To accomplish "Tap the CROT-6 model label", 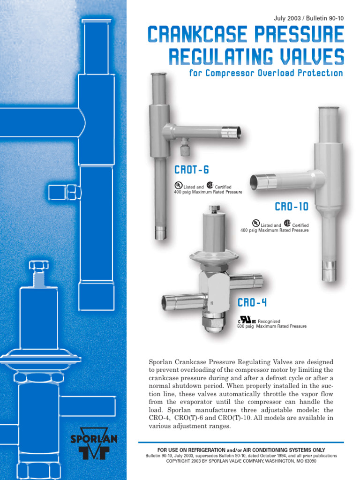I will (x=191, y=170).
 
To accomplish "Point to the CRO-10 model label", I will (x=292, y=207).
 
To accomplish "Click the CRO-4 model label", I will (x=252, y=302).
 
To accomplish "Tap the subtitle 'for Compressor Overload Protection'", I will (x=266, y=74).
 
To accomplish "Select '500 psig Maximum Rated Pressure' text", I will (x=272, y=326).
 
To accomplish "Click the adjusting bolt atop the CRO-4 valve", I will (x=214, y=209).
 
